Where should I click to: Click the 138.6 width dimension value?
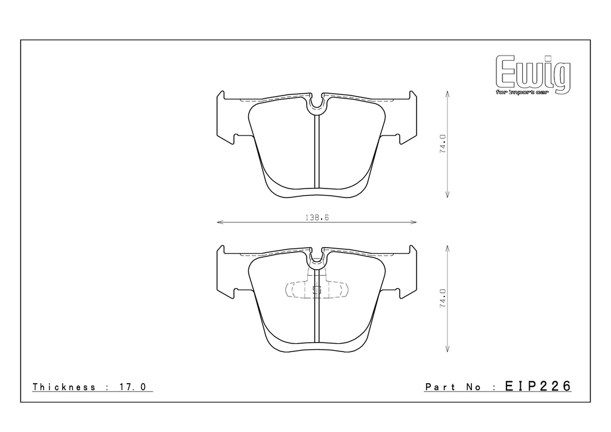tap(317, 217)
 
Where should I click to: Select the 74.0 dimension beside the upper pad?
tap(443, 144)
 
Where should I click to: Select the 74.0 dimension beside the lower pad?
tap(443, 299)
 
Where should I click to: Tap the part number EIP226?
tap(538, 386)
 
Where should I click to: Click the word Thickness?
tap(64, 387)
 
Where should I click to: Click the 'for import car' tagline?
tap(521, 92)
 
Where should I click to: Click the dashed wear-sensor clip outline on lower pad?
tap(317, 290)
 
